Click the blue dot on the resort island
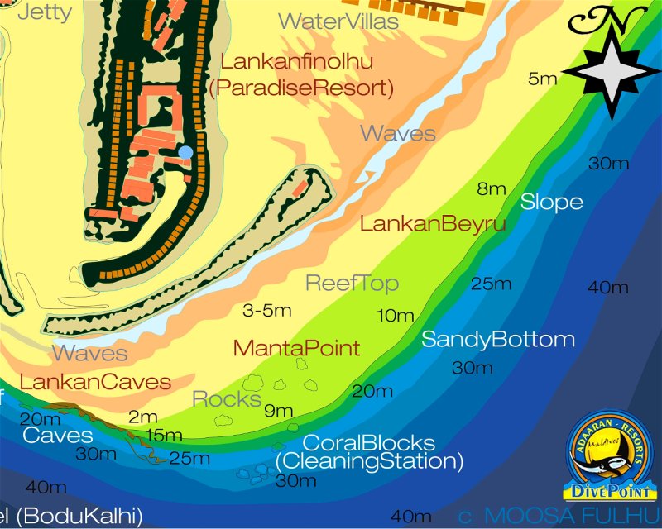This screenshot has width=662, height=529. coord(185,152)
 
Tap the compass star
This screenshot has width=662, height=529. coord(613,72)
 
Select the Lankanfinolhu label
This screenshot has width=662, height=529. coord(297,61)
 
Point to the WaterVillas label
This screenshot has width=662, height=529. coord(338,21)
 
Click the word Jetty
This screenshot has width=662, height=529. coord(45,12)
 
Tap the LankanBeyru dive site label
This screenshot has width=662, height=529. coord(433,223)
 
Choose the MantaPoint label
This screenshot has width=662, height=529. coord(297,348)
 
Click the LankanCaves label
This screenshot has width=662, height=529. coord(95,382)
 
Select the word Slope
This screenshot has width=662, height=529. coord(551,202)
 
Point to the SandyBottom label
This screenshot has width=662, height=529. coord(498,339)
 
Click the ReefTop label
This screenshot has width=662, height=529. coord(353,284)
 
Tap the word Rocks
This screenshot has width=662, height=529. coord(227,399)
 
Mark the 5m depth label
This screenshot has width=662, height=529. coord(543,79)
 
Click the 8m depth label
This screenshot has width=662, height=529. coord(492,188)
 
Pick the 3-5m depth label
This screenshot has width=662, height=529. coord(267,311)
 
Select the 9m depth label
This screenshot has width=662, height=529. coord(279,410)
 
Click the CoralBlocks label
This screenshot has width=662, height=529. coord(369,442)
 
